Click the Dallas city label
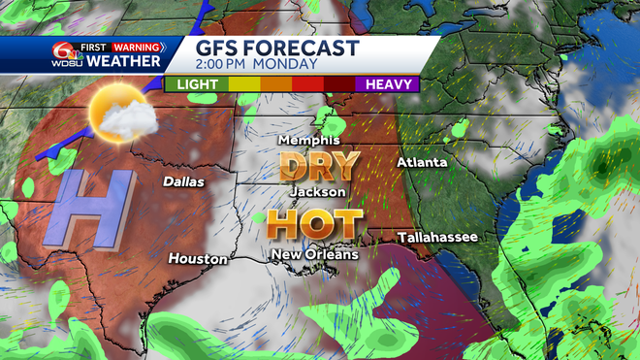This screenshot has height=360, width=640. click(x=182, y=181)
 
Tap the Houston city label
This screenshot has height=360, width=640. click(x=198, y=259)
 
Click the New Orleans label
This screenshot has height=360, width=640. click(x=314, y=254)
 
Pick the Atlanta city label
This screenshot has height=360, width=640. click(x=422, y=162)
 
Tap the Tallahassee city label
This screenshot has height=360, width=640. click(x=438, y=237)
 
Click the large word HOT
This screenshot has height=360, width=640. click(x=314, y=224)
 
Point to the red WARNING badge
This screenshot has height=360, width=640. click(x=135, y=47)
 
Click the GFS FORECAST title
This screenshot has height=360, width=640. click(x=278, y=49)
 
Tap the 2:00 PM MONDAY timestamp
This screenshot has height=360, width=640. click(x=257, y=65)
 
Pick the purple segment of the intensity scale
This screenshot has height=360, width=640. click(x=388, y=84)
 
